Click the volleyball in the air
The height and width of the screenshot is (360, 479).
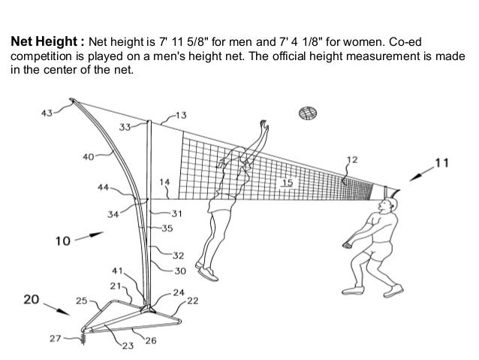306,113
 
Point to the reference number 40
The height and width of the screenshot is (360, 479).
89,157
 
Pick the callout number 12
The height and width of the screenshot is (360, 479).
352,159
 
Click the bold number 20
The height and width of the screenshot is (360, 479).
29,299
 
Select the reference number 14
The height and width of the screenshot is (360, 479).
165,181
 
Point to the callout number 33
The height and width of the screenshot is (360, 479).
125,127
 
